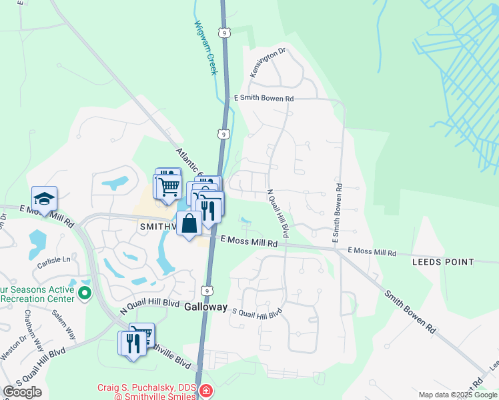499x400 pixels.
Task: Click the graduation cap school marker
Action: (x=44, y=199)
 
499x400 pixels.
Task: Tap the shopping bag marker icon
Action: (x=189, y=223)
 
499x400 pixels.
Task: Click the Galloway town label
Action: (x=207, y=308)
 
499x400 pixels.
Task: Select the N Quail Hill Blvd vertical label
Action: (x=278, y=213)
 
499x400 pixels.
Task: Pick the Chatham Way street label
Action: (x=33, y=331)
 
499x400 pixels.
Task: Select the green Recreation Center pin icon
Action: (x=84, y=292)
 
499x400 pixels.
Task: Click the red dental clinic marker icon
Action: (x=206, y=391)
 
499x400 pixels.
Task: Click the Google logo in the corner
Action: (x=22, y=392)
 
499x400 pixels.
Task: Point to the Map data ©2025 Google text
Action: (x=457, y=395)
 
